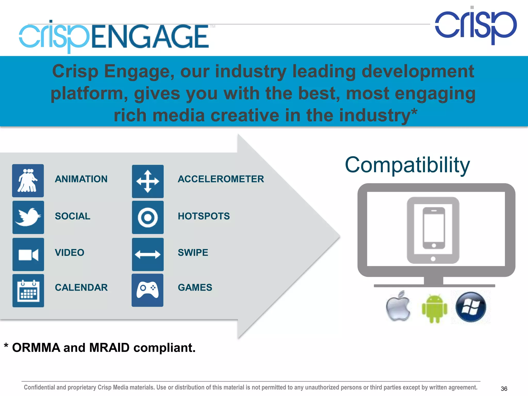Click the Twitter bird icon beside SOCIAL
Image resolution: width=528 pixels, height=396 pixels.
[28, 217]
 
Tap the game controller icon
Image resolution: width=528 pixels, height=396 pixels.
[147, 290]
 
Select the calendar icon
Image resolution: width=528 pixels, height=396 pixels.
[28, 291]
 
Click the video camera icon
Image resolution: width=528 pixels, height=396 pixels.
[28, 254]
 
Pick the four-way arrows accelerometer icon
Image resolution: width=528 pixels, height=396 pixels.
[148, 181]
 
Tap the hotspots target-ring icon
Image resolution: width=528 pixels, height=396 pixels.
[148, 217]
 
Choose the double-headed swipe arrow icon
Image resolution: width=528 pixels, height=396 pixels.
[148, 254]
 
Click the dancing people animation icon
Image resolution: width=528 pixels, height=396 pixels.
[28, 181]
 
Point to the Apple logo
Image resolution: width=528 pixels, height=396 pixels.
[398, 306]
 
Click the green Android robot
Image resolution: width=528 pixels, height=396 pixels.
[434, 308]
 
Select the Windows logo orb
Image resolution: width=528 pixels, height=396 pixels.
[471, 307]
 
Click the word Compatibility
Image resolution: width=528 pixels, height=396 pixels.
[407, 165]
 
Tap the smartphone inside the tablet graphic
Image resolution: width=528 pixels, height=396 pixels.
[434, 228]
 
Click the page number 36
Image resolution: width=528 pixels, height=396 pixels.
[504, 389]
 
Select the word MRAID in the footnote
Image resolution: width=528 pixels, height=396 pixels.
[109, 348]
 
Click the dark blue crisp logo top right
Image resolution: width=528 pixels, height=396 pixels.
[476, 26]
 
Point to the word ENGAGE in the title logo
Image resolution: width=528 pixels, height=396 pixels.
[150, 37]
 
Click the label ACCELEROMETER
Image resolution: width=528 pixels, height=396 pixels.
[221, 179]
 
